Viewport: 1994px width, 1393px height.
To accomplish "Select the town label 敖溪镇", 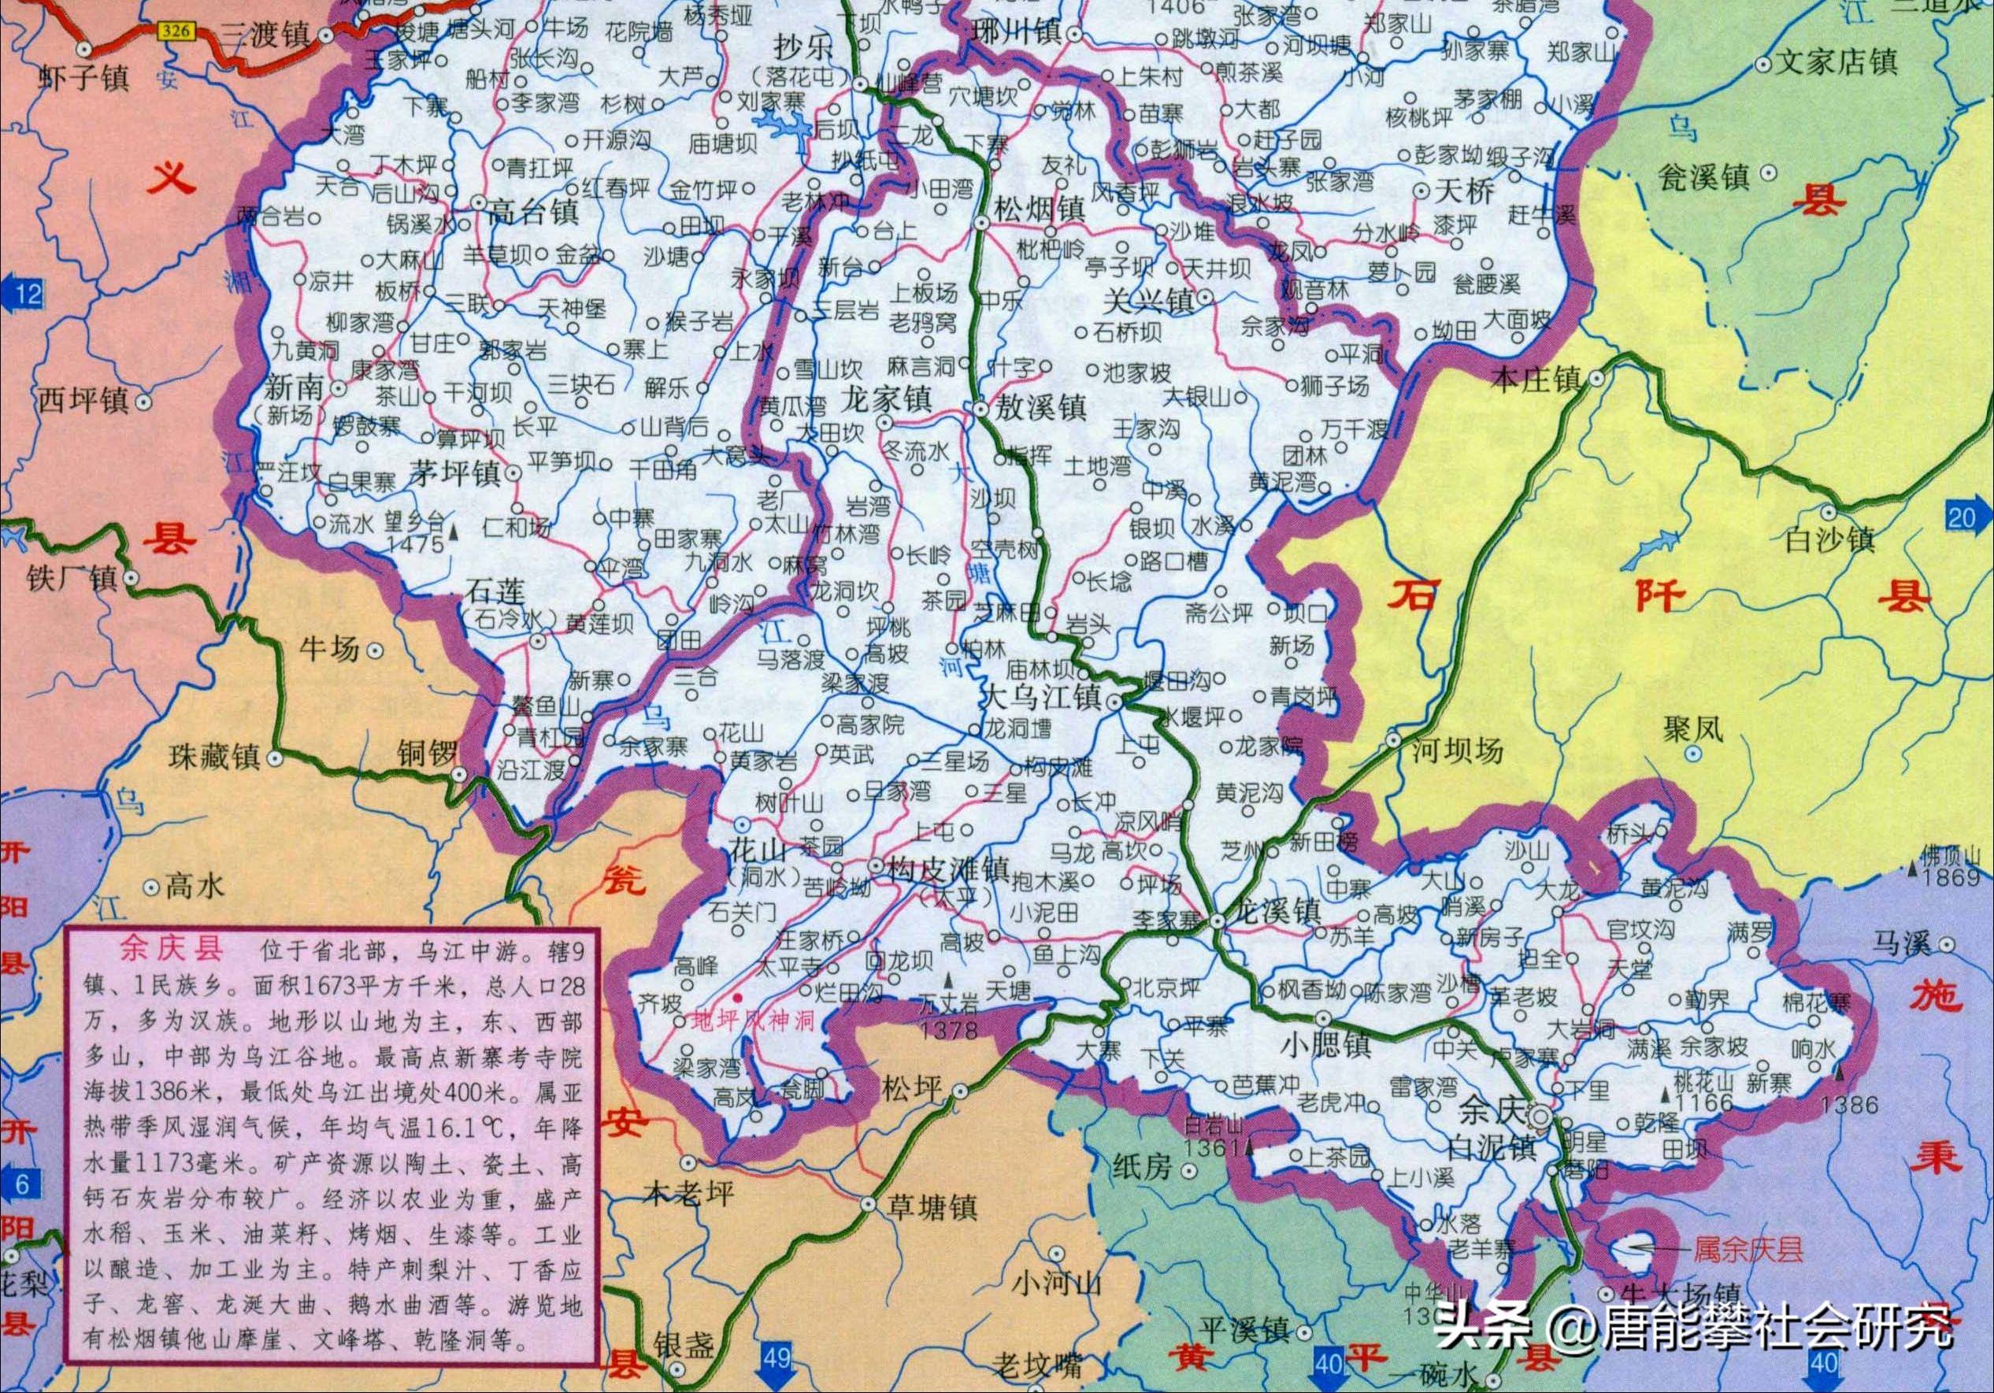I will click(x=1040, y=408).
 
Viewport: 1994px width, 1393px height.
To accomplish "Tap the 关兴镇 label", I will click(x=1148, y=302).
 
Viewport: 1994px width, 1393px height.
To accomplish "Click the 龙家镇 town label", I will click(x=887, y=399).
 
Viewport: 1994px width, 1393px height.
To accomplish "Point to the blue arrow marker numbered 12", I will click(x=23, y=294).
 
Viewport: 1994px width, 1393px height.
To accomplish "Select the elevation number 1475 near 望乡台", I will click(x=416, y=544).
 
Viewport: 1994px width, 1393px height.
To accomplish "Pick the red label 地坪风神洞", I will click(x=752, y=1021).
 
